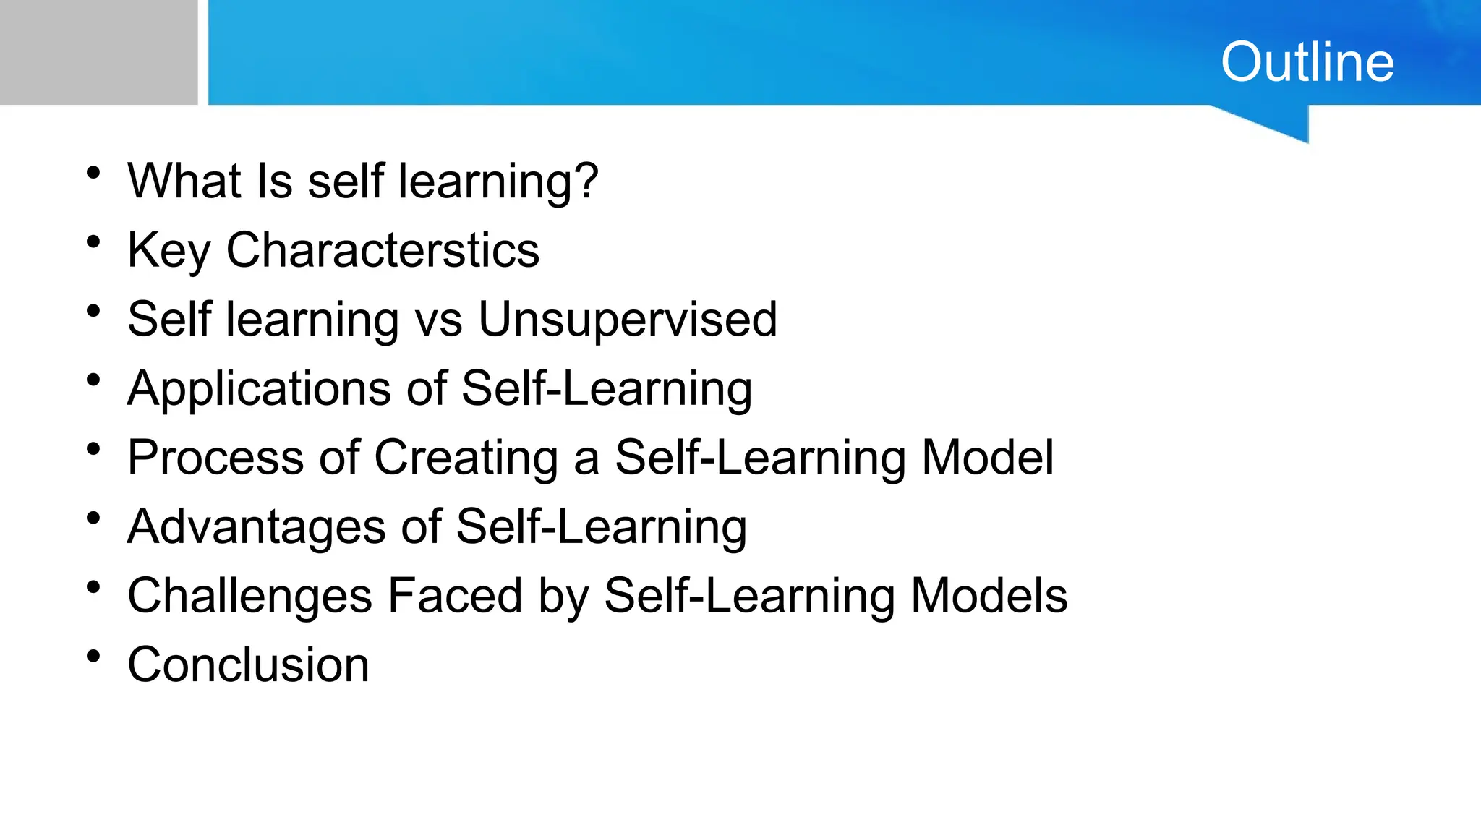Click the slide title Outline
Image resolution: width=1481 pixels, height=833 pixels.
click(1307, 62)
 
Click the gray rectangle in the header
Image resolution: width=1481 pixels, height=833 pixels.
click(98, 52)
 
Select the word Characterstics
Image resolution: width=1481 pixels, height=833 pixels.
click(383, 250)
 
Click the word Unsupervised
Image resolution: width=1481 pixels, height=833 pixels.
click(628, 319)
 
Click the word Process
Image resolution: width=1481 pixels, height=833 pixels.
click(215, 458)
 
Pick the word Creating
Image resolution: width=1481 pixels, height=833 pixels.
click(466, 458)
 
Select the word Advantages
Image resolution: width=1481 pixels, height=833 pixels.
click(257, 526)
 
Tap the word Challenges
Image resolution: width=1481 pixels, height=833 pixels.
click(249, 596)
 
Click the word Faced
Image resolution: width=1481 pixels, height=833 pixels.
click(455, 596)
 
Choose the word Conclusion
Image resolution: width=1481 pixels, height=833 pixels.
click(248, 665)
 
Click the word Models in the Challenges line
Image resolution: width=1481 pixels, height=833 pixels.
click(989, 596)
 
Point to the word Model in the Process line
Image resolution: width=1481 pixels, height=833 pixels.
click(987, 458)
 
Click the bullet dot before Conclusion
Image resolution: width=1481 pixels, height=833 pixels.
click(93, 657)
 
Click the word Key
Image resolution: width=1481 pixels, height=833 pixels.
click(168, 250)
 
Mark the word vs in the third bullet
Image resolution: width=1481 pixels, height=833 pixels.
click(438, 320)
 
